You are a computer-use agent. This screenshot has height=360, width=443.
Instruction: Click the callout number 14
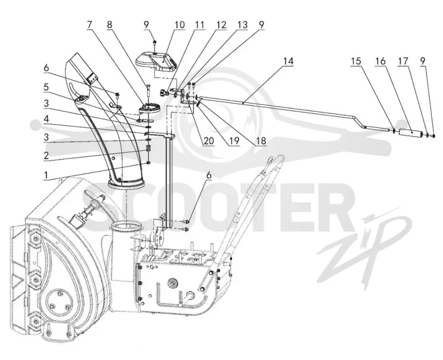(289, 61)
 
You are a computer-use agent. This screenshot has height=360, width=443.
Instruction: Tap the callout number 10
(179, 24)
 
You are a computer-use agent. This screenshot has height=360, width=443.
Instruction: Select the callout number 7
(89, 24)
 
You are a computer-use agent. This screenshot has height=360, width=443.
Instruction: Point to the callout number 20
(209, 141)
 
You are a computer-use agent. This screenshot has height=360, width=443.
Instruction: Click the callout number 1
(45, 175)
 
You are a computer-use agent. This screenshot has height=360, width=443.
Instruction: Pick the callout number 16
(380, 61)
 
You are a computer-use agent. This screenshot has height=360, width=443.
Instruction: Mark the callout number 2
(46, 156)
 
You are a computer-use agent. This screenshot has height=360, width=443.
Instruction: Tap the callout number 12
(221, 24)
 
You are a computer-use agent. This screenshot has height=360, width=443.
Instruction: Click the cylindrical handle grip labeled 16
(410, 132)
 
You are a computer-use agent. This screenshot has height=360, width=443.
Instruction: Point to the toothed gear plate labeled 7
(150, 109)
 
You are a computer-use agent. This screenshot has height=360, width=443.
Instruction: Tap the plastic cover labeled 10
(156, 62)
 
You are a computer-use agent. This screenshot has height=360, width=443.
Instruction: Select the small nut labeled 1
(148, 163)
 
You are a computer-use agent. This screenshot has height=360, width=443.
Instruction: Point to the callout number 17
(403, 61)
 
